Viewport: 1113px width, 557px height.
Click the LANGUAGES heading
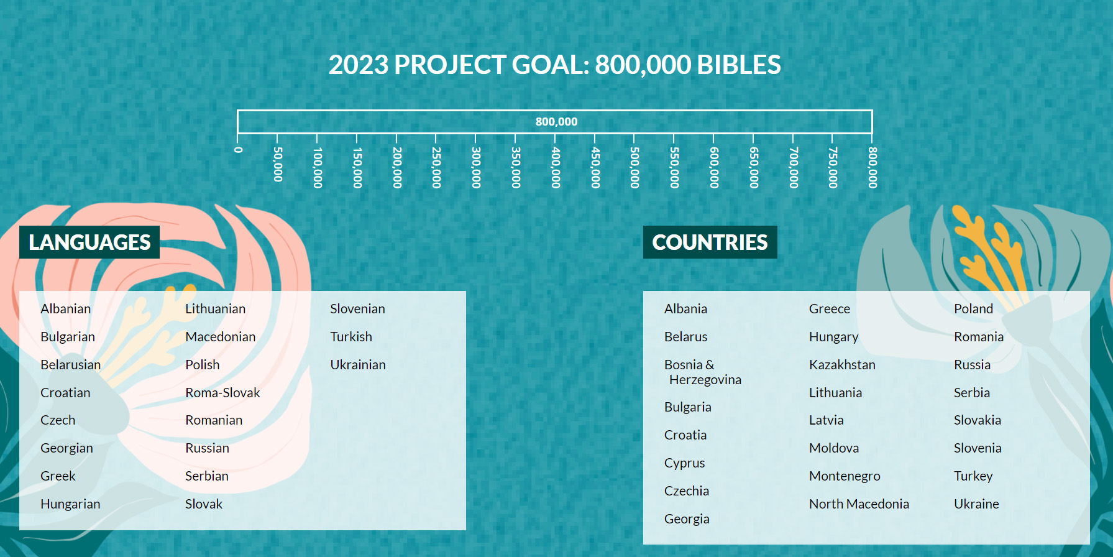[89, 242]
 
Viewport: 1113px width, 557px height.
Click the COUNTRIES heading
[710, 242]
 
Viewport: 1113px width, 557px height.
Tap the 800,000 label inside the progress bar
[556, 122]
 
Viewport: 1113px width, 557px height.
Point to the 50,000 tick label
[278, 165]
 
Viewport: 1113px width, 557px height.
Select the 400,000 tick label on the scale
[556, 168]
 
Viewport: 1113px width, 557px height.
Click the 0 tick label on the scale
[238, 150]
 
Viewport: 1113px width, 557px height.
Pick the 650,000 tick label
[754, 168]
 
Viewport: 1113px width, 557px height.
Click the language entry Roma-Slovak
[222, 393]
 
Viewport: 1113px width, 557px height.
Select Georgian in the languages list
[66, 448]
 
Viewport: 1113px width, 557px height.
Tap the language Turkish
[351, 337]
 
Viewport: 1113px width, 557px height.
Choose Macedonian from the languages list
[220, 337]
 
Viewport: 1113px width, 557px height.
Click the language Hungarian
[70, 504]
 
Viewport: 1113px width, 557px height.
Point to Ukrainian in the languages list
[357, 365]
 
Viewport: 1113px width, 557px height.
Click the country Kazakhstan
[842, 365]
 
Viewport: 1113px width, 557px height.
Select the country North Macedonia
[859, 504]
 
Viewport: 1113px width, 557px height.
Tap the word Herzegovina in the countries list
[705, 380]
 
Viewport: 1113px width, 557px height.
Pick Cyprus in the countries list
[684, 463]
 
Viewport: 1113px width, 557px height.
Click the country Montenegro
[845, 476]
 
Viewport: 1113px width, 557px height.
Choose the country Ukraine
[976, 504]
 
